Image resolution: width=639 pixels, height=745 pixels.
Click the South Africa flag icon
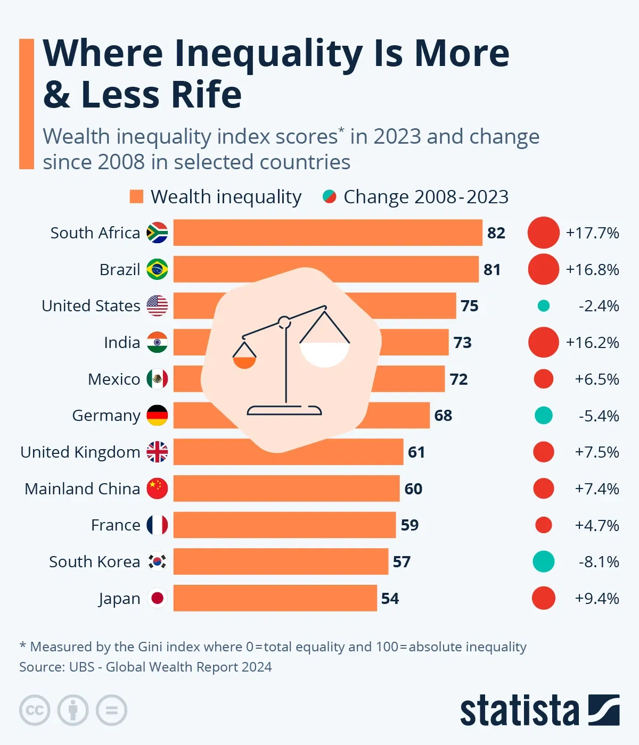coord(157,233)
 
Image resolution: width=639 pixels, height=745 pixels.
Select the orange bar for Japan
coord(275,598)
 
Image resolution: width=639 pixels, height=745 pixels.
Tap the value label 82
coord(496,233)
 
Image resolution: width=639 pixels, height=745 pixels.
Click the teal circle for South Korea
coord(543,561)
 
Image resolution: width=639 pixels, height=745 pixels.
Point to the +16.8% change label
coord(592,270)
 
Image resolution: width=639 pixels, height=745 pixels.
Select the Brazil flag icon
coord(157,270)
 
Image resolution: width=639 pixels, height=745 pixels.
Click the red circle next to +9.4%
coord(543,598)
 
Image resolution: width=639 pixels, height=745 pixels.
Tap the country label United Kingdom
coord(80,452)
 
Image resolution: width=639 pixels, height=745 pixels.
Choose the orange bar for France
coord(284,525)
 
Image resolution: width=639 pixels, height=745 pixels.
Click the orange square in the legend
coord(136,197)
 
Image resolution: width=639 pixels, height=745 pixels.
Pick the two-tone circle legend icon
coord(329,197)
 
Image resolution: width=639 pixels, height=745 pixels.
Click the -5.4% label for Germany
coord(599,416)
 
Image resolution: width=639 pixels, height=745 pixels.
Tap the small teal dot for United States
coord(543,306)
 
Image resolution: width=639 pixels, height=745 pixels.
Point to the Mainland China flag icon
coord(157,489)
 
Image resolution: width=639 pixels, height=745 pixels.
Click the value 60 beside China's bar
coord(413,489)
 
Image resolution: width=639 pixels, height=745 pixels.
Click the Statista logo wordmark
coord(519,710)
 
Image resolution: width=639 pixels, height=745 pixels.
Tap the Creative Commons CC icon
coord(35,710)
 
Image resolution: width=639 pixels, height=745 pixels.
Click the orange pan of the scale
coord(244,362)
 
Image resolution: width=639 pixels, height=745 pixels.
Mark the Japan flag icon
coord(157,598)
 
